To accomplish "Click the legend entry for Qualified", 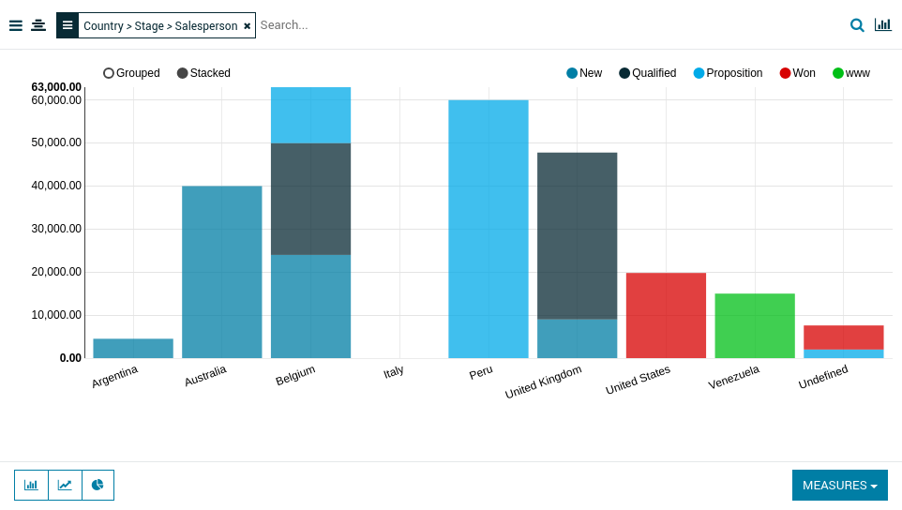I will (647, 73).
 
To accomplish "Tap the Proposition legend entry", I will (728, 73).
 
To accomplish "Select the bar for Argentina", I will (133, 349).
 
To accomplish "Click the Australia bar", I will (222, 272).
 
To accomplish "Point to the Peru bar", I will (489, 229).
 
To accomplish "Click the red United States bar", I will (666, 315).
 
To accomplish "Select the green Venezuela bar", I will (755, 326).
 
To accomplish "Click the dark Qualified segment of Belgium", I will (310, 199).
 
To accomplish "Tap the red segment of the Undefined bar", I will (844, 337).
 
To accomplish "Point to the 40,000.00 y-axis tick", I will (56, 186).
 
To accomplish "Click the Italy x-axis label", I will (394, 372).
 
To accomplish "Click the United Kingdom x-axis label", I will (544, 381).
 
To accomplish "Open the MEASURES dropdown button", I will (839, 486).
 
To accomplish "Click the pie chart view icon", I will (98, 486).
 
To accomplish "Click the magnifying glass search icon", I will (857, 25).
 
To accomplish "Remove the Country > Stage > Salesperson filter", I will (248, 26).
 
